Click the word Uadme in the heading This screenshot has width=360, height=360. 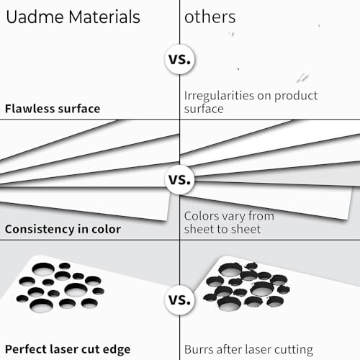tap(35, 17)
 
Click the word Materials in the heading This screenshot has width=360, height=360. tap(104, 17)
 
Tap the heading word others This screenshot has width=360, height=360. tap(210, 17)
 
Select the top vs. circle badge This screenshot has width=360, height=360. tap(180, 59)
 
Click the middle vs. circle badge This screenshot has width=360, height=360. tap(180, 179)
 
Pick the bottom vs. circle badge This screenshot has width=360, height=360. tap(180, 300)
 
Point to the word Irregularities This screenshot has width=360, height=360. tap(219, 96)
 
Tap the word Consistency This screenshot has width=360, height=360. tap(40, 230)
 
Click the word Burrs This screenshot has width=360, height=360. tap(199, 350)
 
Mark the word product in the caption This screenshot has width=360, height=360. tap(296, 96)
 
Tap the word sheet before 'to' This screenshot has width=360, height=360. tap(199, 229)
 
